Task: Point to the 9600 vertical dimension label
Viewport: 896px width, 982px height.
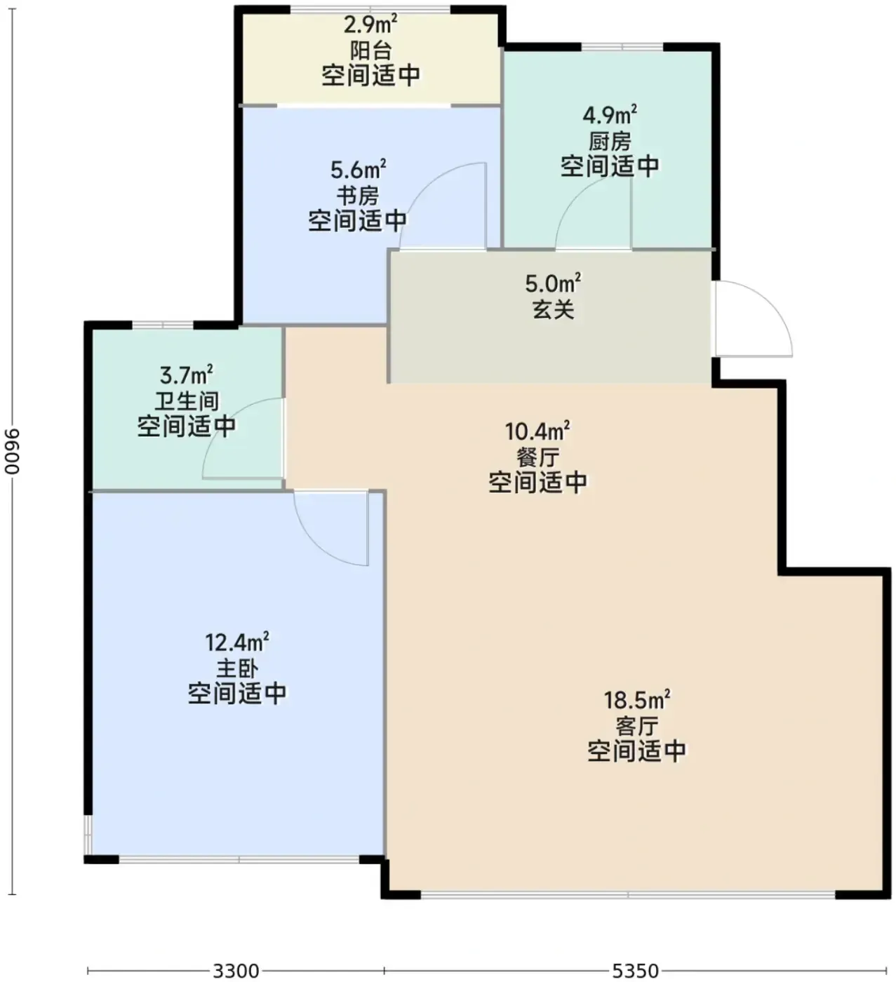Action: pos(12,451)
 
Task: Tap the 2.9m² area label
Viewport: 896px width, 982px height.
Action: pos(370,24)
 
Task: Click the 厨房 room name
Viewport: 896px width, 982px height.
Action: pos(610,142)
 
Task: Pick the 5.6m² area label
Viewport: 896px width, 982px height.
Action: pos(358,169)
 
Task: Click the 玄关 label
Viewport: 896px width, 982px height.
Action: pos(554,309)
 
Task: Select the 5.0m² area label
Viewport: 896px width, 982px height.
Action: pos(553,283)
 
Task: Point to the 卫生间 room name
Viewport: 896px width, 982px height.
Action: pos(187,401)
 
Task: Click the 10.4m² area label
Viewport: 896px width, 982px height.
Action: pos(537,431)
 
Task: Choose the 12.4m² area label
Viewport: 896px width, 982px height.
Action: pos(237,643)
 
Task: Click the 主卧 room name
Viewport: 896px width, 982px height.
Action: pos(237,668)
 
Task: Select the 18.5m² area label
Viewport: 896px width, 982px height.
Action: pos(637,700)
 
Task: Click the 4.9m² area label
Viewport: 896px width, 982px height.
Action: pos(610,115)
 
